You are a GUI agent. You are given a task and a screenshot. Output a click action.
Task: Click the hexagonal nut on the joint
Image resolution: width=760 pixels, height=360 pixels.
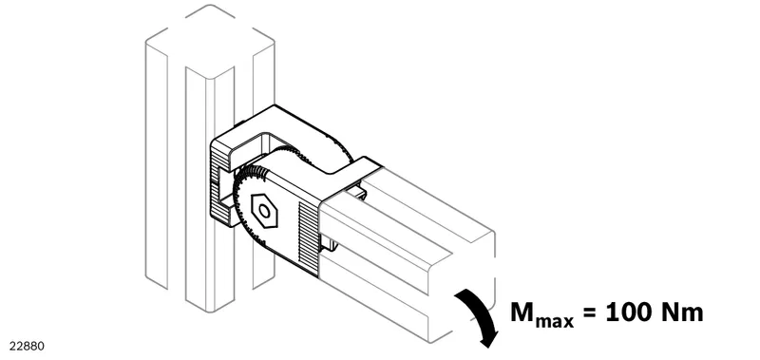(264, 211)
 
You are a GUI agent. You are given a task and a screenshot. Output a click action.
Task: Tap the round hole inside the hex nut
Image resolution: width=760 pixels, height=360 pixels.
(265, 211)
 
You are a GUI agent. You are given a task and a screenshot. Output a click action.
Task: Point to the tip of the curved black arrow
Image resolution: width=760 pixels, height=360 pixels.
(487, 347)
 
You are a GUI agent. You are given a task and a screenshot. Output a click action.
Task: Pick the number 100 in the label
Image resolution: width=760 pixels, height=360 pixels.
(629, 313)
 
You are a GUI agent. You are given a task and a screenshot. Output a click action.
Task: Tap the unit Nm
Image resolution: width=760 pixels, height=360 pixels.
(682, 313)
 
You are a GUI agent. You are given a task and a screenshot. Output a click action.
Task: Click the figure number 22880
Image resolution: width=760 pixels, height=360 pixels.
(27, 347)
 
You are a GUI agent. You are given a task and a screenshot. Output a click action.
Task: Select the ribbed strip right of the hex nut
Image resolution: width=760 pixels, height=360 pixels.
(308, 237)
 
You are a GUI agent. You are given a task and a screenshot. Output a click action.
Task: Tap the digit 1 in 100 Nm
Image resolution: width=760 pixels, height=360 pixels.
(613, 313)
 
